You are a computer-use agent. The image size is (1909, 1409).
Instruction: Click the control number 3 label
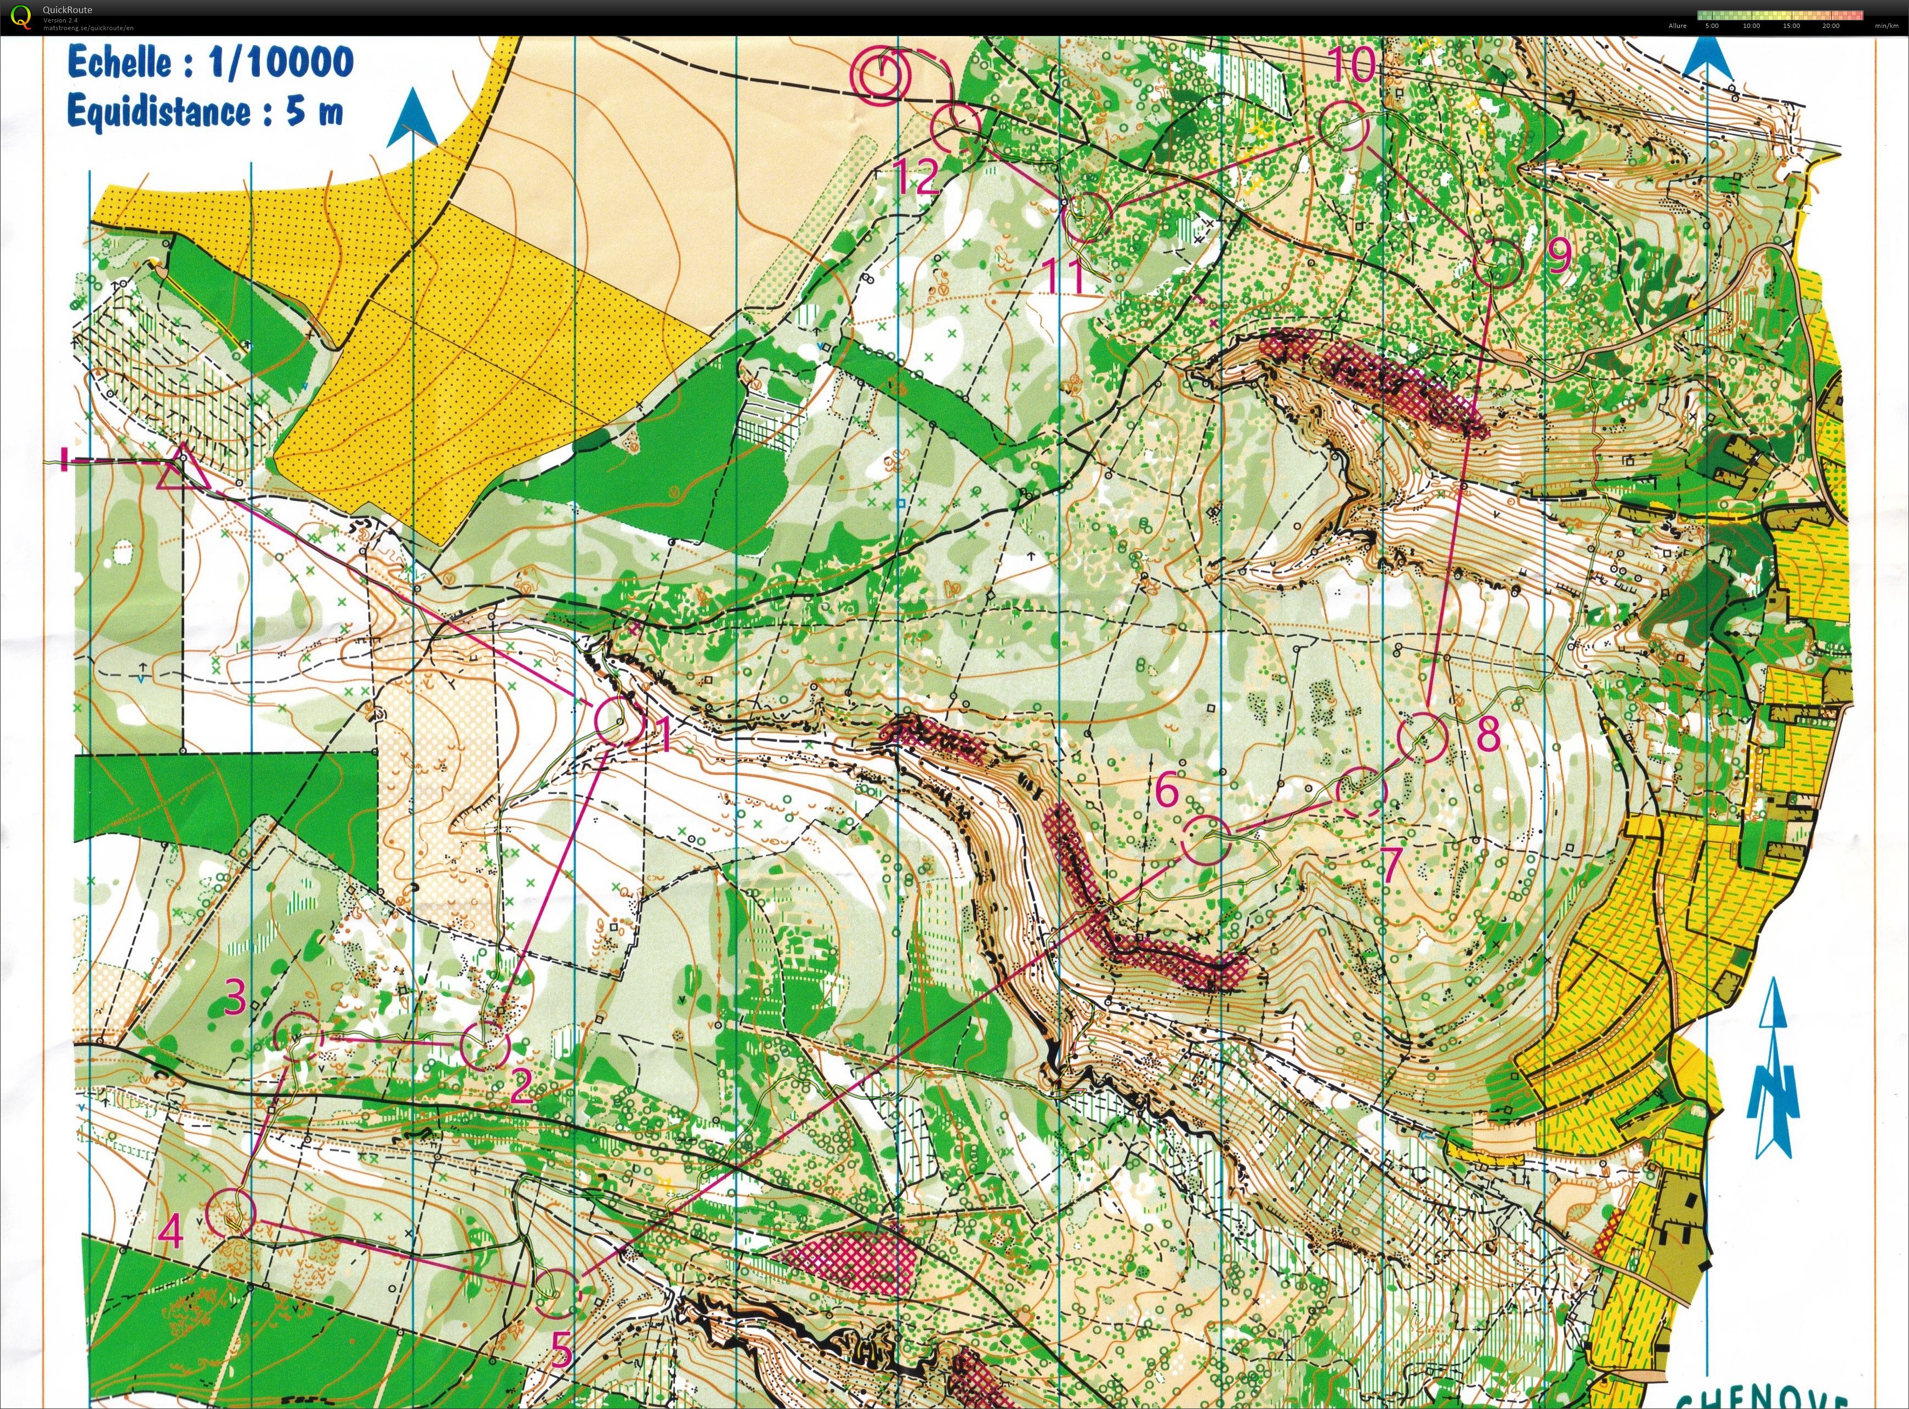tap(235, 996)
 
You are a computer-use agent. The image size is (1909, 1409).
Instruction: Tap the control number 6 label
tap(1167, 791)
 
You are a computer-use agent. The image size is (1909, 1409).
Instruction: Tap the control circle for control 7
tap(1361, 791)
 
